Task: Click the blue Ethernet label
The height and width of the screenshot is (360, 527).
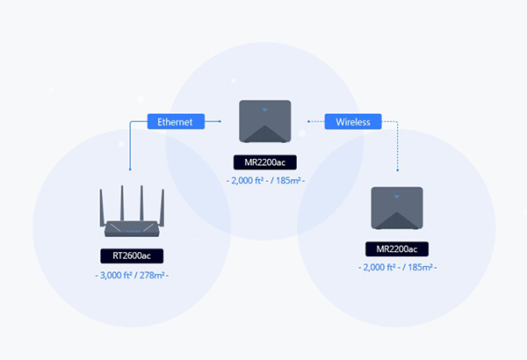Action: [175, 122]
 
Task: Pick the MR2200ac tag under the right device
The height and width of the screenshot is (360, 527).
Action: [397, 248]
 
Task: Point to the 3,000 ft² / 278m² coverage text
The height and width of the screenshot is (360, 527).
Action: [132, 276]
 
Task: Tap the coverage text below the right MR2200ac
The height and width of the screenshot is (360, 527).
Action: [397, 266]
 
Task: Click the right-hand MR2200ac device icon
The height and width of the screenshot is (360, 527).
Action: [397, 209]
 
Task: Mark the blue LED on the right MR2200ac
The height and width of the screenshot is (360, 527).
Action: [397, 195]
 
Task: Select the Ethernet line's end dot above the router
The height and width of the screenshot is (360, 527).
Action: [130, 169]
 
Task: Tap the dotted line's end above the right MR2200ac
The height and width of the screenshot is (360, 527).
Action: [397, 169]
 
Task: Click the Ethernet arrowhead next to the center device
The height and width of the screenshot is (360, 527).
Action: [221, 122]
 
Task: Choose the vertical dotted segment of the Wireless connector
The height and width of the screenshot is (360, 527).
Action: [397, 145]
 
